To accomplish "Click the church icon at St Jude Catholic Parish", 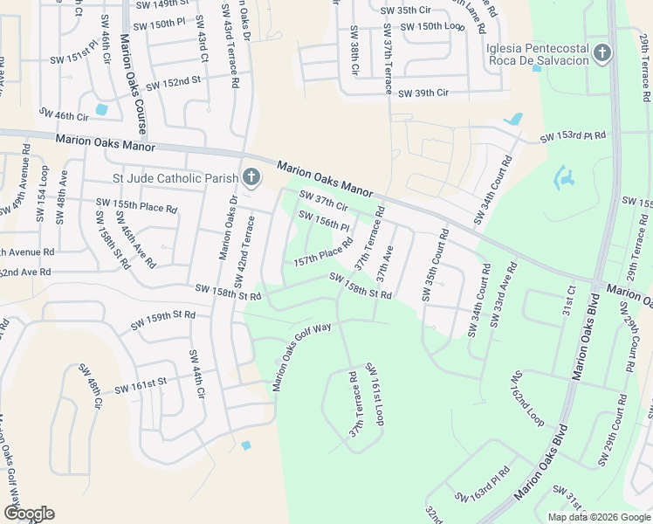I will coord(251,179).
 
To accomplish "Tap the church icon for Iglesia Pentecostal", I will coord(601,55).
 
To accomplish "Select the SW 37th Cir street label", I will coord(324,201).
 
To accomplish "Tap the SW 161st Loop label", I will coord(375,394).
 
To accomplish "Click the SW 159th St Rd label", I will coord(163,320).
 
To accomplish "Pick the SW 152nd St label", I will coord(174,84).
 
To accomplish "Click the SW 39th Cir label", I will coord(423,93).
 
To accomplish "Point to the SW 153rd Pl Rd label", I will coord(573,137).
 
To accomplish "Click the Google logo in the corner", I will coord(29,513).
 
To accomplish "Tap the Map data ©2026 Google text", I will coord(598,517).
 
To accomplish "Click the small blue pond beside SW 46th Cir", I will coord(102,110).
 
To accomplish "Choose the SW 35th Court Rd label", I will coord(435,265).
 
